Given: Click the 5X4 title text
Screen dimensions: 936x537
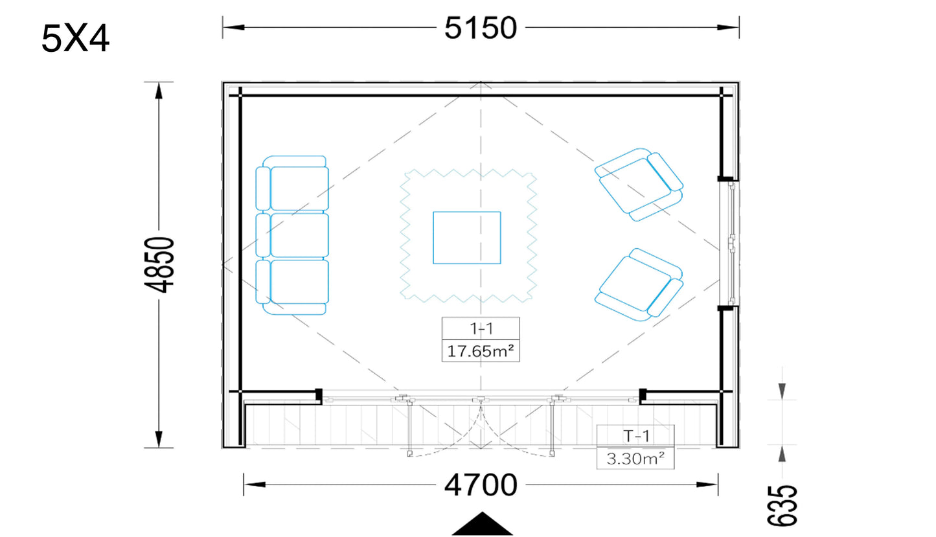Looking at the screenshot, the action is pos(75,38).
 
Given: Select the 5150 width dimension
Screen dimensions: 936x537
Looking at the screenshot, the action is pos(481,28).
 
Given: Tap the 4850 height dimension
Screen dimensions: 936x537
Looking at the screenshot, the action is pos(159,265).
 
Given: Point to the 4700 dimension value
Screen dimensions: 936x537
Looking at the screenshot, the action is pos(481,485).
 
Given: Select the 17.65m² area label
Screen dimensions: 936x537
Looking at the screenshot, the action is pos(481,351).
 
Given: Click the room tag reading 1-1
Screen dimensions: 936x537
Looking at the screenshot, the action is pos(481,329).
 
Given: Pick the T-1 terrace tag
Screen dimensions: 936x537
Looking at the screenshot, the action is pos(636,437).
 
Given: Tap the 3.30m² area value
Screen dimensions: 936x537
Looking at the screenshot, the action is pos(635,459).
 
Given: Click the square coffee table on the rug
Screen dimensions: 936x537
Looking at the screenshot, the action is pos(467,238).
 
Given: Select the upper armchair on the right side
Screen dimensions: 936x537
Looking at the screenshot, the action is pos(639,185).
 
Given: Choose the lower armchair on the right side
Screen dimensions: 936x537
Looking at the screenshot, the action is pos(639,284).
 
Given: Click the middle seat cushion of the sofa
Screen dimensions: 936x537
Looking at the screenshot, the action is pos(299,235).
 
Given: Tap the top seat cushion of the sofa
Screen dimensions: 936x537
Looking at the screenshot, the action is pos(299,188).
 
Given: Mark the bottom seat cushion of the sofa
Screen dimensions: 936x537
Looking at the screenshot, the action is pos(299,282).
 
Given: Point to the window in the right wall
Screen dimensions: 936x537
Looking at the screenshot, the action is pos(731,243).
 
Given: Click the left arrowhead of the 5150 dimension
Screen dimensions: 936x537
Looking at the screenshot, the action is pos(234,28).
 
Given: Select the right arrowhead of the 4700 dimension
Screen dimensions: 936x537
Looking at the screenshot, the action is pos(707,485).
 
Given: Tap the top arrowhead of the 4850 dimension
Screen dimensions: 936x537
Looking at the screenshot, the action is pos(159,91).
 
